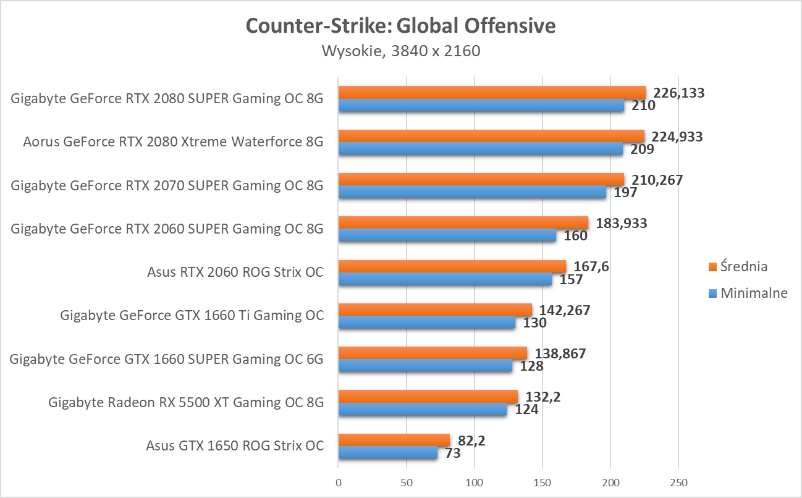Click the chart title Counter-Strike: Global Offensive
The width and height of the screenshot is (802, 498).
[400, 26]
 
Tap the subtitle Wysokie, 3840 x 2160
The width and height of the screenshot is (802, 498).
[400, 51]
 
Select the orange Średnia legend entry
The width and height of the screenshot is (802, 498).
[738, 266]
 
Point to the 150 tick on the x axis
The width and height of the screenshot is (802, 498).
[542, 481]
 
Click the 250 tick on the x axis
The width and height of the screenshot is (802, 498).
[678, 481]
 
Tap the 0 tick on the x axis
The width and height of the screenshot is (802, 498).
[338, 481]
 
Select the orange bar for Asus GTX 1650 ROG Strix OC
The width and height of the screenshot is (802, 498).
[394, 439]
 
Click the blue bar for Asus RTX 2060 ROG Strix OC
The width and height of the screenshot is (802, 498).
[445, 279]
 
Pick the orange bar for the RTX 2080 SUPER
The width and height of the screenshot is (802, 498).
[491, 93]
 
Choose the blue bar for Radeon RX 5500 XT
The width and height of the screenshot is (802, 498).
[422, 409]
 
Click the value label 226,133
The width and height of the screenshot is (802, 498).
[679, 93]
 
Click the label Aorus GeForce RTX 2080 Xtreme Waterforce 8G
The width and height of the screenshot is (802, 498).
[174, 142]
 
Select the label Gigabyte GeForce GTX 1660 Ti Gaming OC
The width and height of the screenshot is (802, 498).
[192, 315]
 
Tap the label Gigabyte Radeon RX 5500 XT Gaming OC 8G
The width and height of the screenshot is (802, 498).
[186, 402]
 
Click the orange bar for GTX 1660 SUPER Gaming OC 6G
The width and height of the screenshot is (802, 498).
[432, 353]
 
